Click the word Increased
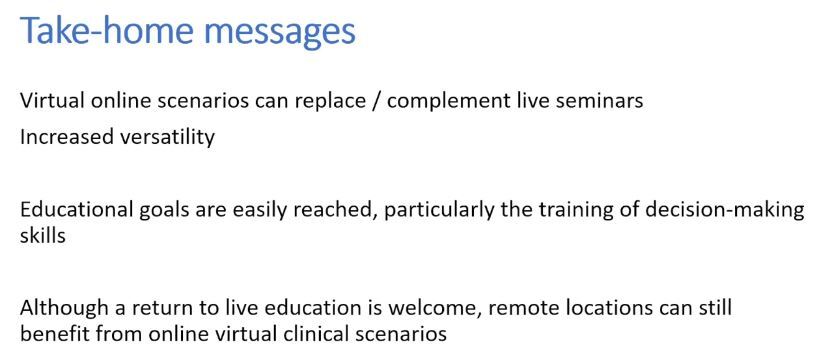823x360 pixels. point(62,137)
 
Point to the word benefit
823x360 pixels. point(51,332)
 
